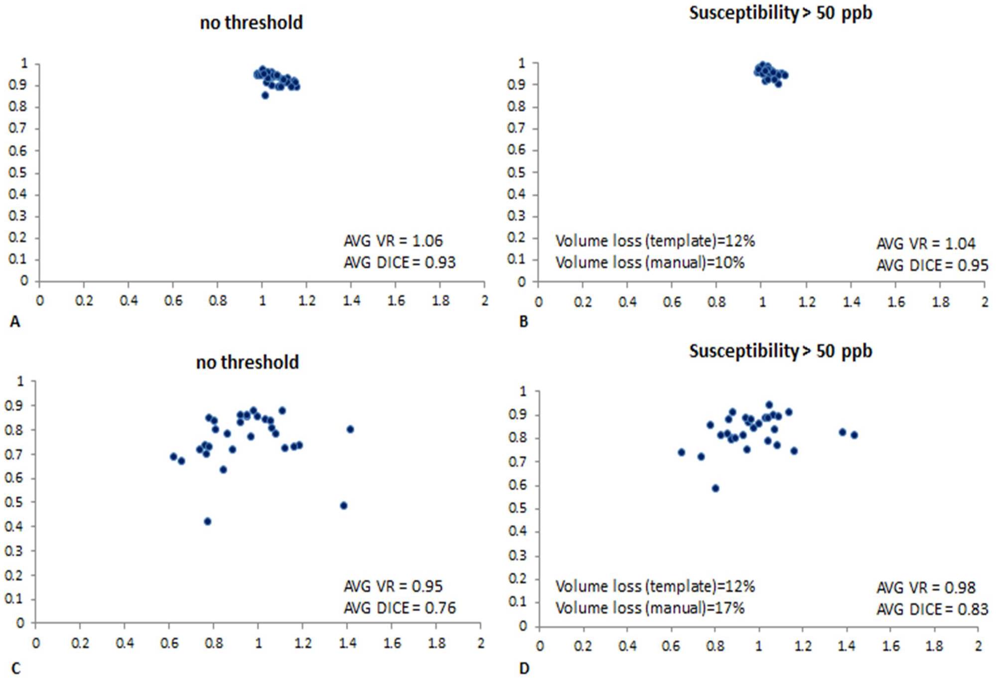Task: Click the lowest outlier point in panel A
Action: coord(265,95)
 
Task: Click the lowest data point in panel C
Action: coord(208,521)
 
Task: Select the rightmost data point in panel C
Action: coord(350,429)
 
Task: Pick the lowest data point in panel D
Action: coord(715,488)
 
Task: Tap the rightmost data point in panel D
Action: coord(854,435)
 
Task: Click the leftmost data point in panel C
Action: coord(173,456)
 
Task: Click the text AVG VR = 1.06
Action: coord(393,241)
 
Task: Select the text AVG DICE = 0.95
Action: coord(932,266)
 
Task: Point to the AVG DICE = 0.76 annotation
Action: coord(400,608)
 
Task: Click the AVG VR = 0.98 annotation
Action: coord(926,588)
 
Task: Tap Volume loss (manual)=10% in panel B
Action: coord(650,263)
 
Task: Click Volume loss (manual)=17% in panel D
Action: coord(650,608)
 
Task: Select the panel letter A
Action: coord(15,322)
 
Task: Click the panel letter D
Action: coord(524,668)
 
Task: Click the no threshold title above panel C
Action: coord(248,362)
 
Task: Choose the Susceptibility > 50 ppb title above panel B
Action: coord(780,13)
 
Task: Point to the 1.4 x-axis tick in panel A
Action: coord(351,300)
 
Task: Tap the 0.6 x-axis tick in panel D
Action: coord(671,646)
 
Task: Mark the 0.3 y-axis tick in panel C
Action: coord(14,551)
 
